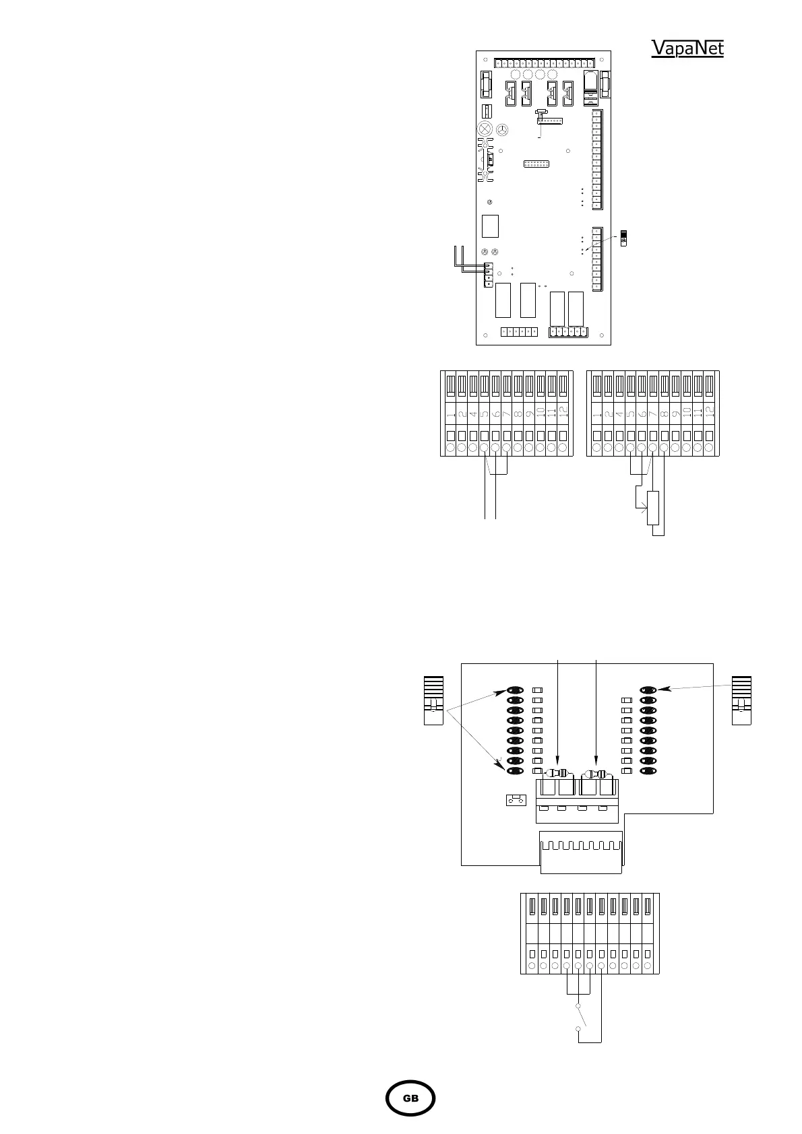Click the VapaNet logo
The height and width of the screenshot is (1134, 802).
pos(687,48)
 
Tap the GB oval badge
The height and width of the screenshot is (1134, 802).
pos(410,1098)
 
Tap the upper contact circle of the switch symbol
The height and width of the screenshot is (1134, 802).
pos(578,1007)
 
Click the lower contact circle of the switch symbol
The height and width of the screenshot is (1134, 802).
pos(578,1029)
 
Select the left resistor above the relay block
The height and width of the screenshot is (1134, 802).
pos(558,773)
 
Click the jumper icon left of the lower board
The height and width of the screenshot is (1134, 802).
pos(433,700)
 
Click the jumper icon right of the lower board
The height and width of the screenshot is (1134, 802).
pos(741,700)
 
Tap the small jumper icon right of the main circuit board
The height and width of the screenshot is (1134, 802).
pos(624,238)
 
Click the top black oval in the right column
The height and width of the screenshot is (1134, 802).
pos(648,690)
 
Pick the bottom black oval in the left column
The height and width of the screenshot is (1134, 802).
pos(516,770)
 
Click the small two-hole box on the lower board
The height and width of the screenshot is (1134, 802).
pos(516,801)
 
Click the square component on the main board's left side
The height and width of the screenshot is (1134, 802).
pos(490,226)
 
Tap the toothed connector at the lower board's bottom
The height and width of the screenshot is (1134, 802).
pos(580,850)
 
